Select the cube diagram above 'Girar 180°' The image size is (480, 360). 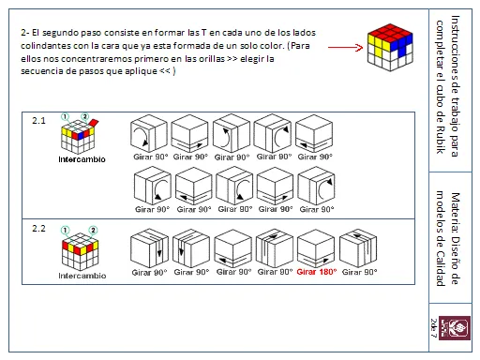click(317, 247)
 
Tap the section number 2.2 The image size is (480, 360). click(38, 228)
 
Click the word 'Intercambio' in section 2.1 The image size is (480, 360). click(82, 159)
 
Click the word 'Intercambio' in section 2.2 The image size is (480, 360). click(82, 276)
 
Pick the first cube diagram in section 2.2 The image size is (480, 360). click(149, 247)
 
